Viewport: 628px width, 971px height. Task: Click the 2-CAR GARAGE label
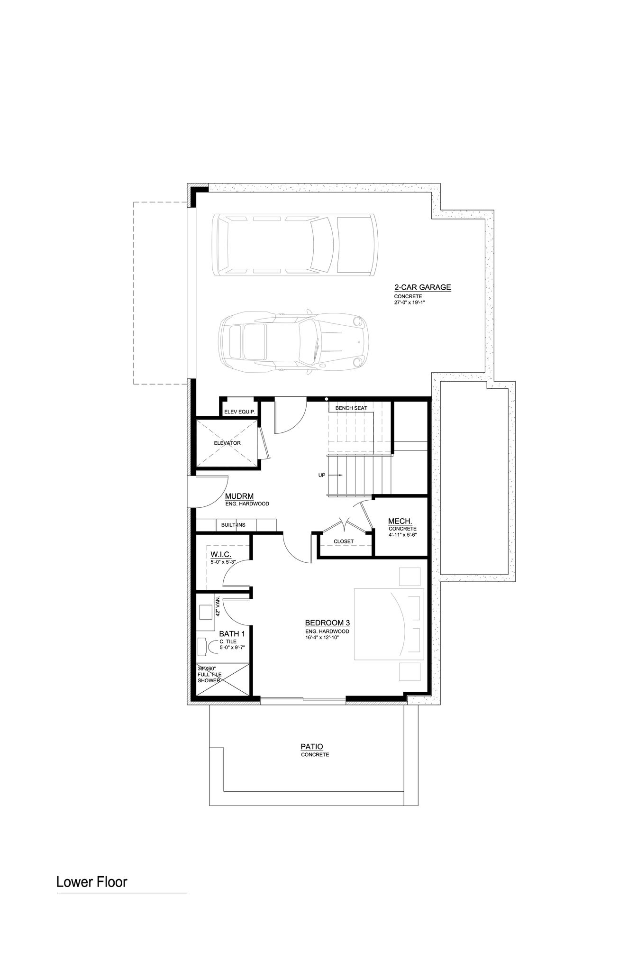click(x=422, y=287)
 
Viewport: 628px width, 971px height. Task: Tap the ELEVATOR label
click(x=227, y=443)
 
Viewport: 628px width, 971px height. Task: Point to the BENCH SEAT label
click(x=351, y=408)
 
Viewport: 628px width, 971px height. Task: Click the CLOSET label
click(x=344, y=541)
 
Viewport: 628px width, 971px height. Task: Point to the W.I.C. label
click(x=221, y=555)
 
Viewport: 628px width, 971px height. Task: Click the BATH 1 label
click(x=232, y=634)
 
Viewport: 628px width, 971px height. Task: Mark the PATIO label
click(x=312, y=747)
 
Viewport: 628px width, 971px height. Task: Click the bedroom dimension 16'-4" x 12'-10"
click(x=322, y=638)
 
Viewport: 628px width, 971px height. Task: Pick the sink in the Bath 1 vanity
click(x=206, y=612)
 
